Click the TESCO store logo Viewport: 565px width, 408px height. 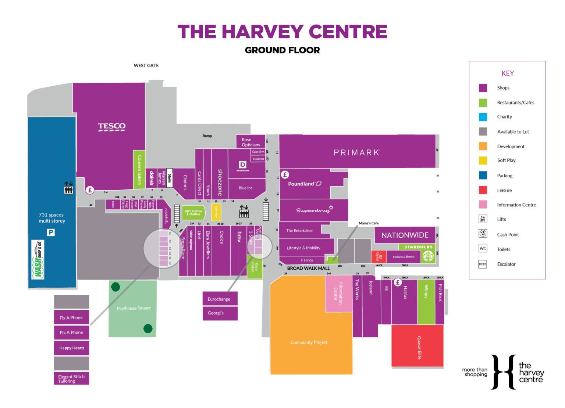111,127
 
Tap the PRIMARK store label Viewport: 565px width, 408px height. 356,153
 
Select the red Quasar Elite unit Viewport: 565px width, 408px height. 417,347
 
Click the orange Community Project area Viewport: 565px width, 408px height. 308,342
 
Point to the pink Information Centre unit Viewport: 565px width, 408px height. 338,293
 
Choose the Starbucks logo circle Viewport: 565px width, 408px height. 428,256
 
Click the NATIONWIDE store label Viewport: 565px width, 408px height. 405,235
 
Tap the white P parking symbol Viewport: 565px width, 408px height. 51,232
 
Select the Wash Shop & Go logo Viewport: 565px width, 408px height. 38,260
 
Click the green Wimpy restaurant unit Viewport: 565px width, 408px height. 426,302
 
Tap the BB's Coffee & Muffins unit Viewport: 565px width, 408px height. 193,213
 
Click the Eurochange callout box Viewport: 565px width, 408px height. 220,299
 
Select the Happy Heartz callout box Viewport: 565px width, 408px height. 72,348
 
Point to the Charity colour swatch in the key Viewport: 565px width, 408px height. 483,117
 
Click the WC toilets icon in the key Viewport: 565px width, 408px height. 483,248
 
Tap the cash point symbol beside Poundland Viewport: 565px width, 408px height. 285,174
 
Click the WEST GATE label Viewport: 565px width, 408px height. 146,65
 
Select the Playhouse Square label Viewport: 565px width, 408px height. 134,308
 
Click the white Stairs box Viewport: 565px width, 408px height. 170,178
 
